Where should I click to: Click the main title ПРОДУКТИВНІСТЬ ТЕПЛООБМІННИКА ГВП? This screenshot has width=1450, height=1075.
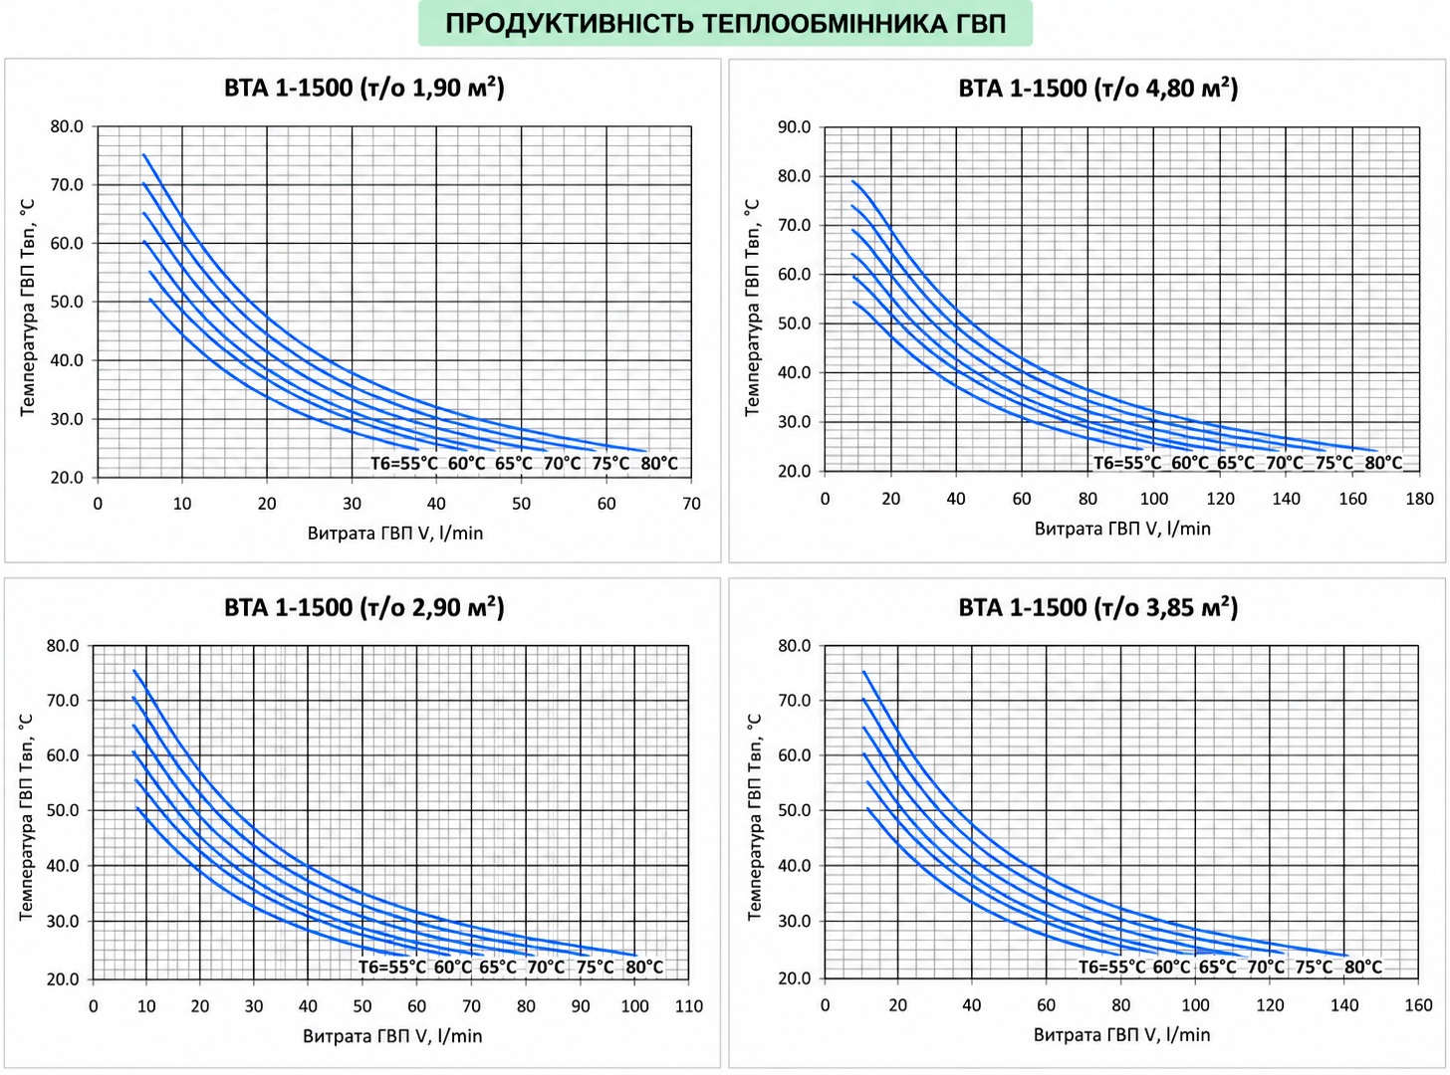pos(726,24)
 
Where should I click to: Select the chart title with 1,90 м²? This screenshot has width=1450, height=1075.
pos(364,88)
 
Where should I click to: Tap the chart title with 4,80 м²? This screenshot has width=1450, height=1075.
pos(1098,88)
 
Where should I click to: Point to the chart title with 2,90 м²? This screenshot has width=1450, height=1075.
pos(364,607)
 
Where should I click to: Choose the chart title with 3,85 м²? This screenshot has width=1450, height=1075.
pos(1098,607)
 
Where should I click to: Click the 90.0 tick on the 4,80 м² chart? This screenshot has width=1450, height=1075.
pos(794,126)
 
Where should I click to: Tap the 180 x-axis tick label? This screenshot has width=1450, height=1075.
pos(1419,500)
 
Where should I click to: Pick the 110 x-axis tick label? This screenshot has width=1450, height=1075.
pos(688,1005)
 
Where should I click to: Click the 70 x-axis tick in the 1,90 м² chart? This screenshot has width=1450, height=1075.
pos(691,504)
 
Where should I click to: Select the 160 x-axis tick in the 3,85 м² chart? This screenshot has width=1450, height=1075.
pos(1418,1005)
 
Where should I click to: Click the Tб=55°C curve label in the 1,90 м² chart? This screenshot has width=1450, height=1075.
pos(404,463)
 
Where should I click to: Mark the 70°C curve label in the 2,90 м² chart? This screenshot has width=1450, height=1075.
pos(546,967)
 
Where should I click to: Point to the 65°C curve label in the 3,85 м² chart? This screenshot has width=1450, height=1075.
pos(1217,967)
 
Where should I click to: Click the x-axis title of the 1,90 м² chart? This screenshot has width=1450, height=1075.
pos(394,534)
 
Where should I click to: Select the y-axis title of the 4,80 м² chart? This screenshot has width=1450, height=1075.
pos(752,308)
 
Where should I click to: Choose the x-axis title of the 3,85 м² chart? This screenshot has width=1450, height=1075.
pos(1121,1034)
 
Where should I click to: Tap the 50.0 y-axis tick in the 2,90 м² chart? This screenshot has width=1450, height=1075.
pos(63,810)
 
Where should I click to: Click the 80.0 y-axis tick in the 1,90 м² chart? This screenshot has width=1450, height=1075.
pos(68,126)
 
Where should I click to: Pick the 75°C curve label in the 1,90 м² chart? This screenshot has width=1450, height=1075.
pos(610,463)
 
